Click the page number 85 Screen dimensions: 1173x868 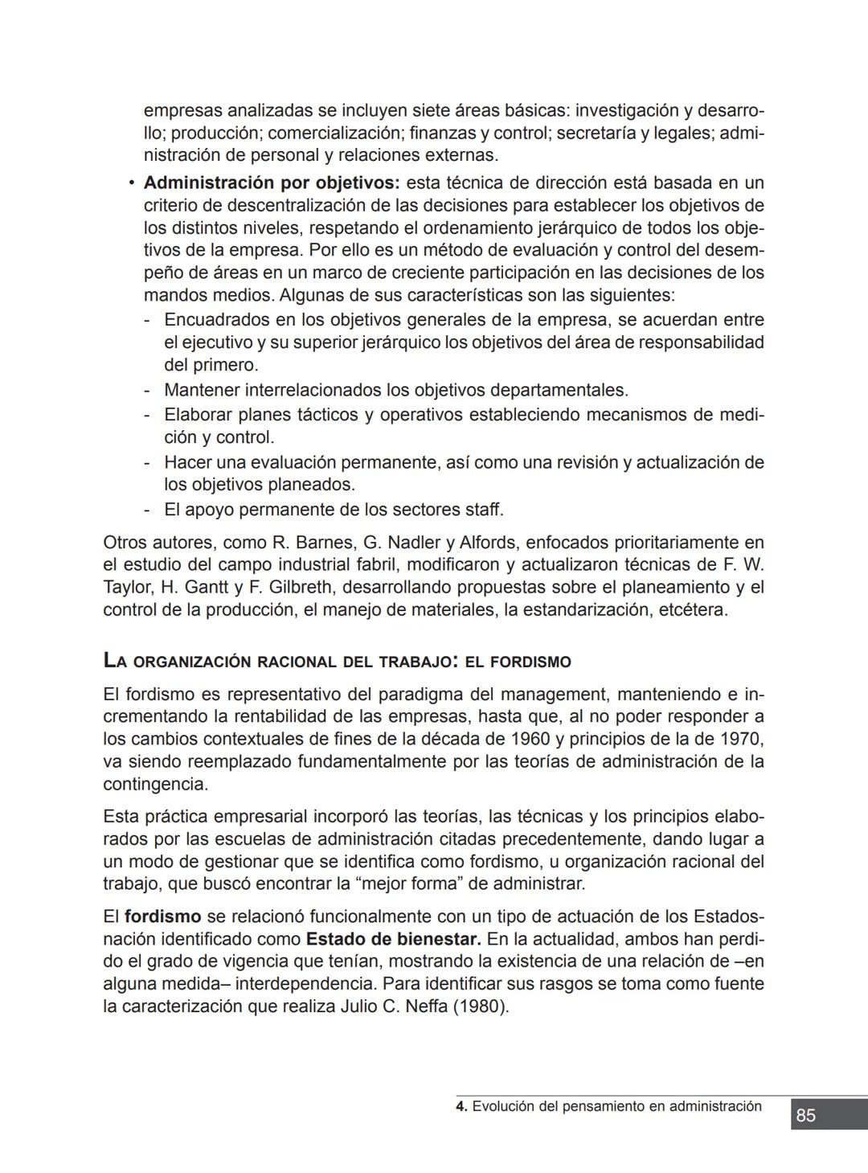click(x=805, y=1115)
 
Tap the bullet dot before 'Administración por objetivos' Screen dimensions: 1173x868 click(x=130, y=183)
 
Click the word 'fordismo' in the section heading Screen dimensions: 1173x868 click(x=530, y=662)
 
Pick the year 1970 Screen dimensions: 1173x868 click(x=740, y=739)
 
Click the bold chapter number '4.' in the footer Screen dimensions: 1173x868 click(x=461, y=1106)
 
